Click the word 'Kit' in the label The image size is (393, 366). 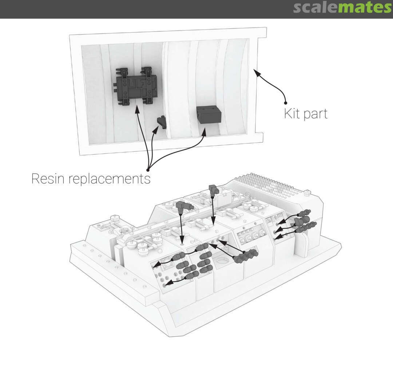pos(292,113)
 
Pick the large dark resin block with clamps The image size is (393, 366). pos(136,86)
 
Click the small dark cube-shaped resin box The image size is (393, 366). pos(209,114)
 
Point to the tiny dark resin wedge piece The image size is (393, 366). pos(162,122)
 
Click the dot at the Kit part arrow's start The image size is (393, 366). pos(286,103)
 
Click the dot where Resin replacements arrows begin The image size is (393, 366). pos(148,170)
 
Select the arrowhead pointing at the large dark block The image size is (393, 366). pos(137,109)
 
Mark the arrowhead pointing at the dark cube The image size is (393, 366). pos(204,131)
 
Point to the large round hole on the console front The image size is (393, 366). pos(222,262)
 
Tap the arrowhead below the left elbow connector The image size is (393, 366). pos(182,240)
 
